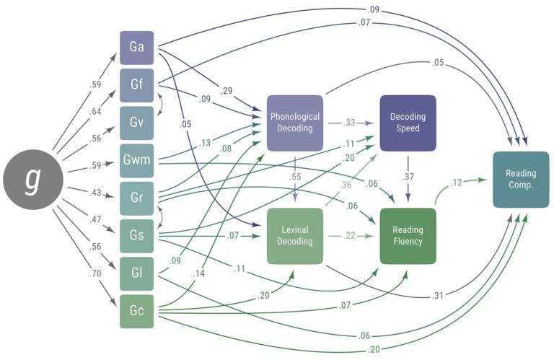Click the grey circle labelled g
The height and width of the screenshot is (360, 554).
33,180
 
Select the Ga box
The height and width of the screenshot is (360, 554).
137,48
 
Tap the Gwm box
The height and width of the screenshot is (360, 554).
137,161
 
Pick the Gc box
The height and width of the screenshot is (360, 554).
137,311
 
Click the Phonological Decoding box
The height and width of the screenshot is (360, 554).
295,123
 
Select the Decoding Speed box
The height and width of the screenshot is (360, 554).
408,123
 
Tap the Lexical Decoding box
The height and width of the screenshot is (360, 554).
295,236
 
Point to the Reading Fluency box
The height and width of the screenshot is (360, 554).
408,236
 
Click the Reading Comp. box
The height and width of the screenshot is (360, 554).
521,180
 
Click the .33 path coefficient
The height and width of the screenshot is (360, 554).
348,123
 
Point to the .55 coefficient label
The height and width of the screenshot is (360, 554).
295,177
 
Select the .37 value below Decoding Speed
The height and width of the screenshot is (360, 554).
408,177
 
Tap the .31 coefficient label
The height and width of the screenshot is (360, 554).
437,295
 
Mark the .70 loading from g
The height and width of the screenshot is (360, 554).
95,273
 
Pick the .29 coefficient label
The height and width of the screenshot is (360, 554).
226,91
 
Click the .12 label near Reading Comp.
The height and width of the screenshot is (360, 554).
456,183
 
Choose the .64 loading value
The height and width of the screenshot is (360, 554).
95,111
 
